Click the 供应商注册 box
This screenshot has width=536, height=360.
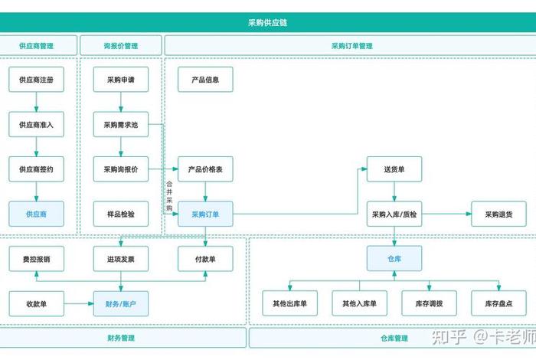pos(36,80)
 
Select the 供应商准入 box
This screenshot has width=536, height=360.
pos(36,124)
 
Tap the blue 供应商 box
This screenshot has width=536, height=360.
pos(36,214)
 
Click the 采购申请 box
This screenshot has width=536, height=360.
pos(121,80)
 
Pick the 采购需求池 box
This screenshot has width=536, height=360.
pos(121,124)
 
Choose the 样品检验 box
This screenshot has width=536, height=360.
pos(121,214)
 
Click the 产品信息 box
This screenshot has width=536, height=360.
pos(205,80)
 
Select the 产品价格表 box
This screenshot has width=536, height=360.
pos(205,169)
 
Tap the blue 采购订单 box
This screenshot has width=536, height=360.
pos(205,214)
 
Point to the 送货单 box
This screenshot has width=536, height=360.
pos(394,169)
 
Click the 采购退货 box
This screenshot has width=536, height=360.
pos(498,214)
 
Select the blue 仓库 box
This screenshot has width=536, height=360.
pos(394,259)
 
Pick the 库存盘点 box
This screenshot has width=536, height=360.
pos(498,304)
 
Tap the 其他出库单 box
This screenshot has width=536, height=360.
pos(289,304)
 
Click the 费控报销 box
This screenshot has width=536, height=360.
pos(36,259)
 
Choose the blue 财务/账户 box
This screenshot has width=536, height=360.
pos(121,304)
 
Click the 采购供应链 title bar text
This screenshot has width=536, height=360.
pos(268,23)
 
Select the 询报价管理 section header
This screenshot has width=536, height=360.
pos(121,46)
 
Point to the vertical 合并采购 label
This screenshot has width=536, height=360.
pos(169,195)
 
